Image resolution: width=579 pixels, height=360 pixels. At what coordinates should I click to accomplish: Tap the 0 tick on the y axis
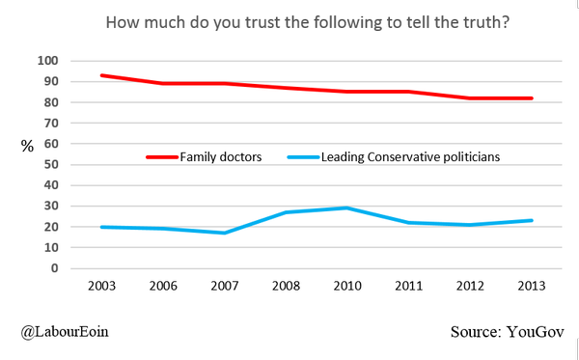(x=56, y=268)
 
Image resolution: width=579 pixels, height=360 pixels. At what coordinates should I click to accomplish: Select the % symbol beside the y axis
(x=27, y=146)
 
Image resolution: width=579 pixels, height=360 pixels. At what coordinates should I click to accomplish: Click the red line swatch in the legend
(x=161, y=156)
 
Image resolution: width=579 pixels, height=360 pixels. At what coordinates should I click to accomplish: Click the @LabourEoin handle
(x=64, y=332)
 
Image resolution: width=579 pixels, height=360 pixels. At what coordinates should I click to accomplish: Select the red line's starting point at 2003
(x=101, y=75)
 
